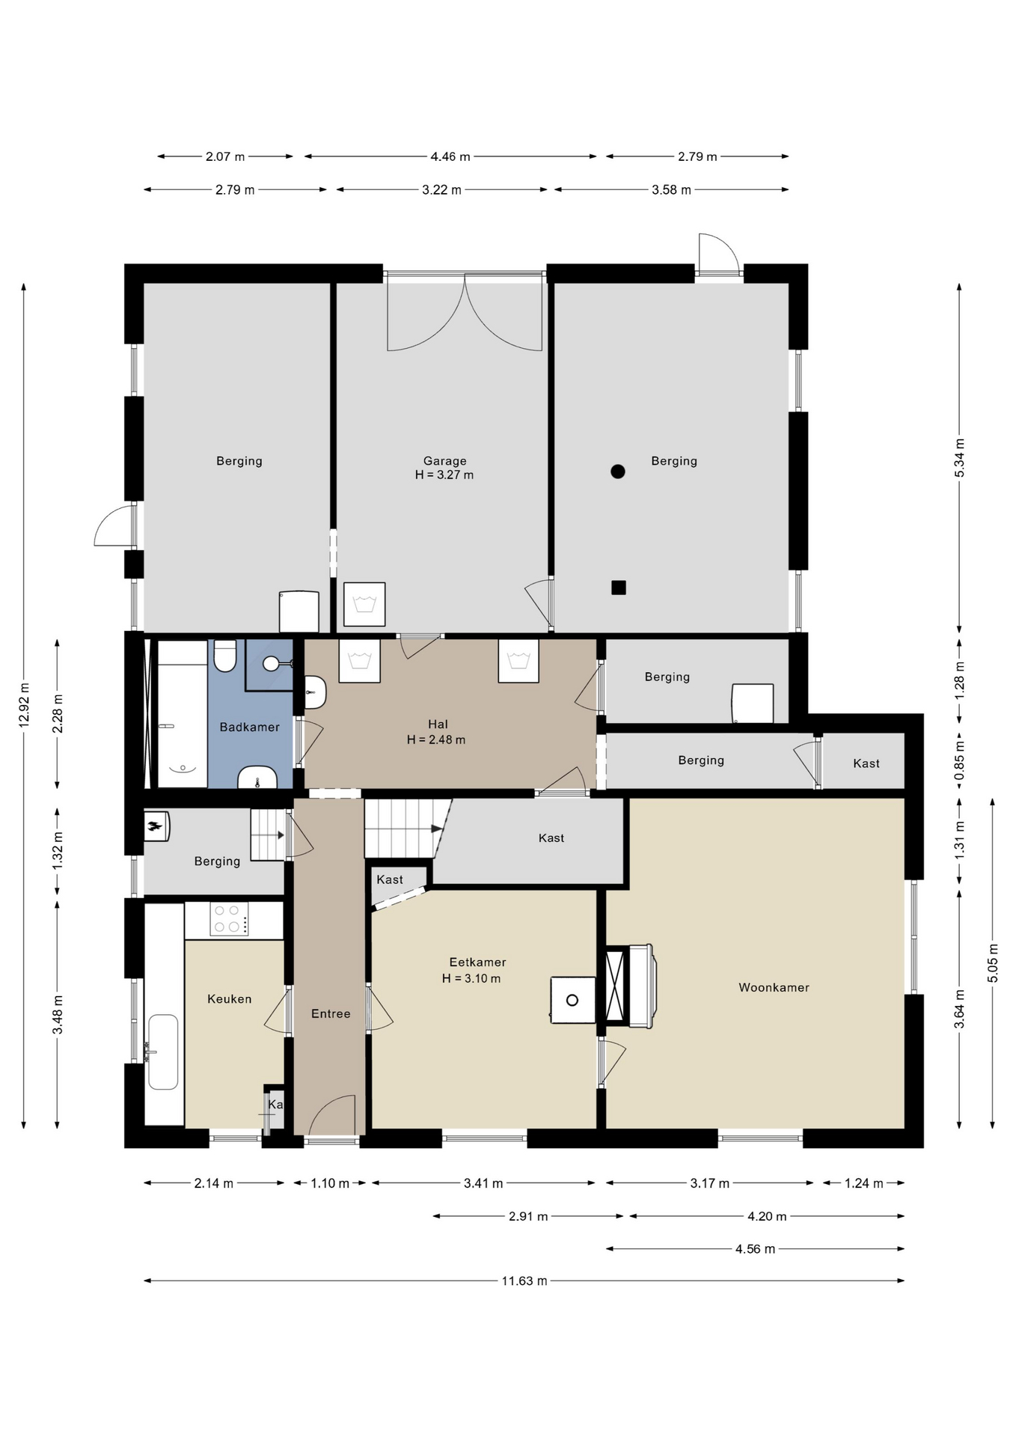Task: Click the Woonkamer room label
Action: pyautogui.click(x=774, y=987)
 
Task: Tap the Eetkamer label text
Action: pyautogui.click(x=477, y=962)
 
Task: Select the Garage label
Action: pyautogui.click(x=444, y=461)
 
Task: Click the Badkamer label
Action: pyautogui.click(x=249, y=727)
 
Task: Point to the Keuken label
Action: pyautogui.click(x=229, y=998)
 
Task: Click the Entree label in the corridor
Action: pyautogui.click(x=331, y=1013)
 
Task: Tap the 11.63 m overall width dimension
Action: pyautogui.click(x=524, y=1281)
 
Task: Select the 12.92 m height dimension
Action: pyautogui.click(x=24, y=704)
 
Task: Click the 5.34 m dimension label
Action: pyautogui.click(x=959, y=457)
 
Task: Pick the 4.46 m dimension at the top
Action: pyautogui.click(x=450, y=156)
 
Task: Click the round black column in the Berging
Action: pyautogui.click(x=617, y=472)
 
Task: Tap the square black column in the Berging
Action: pyautogui.click(x=618, y=588)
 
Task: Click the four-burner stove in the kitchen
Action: pyautogui.click(x=229, y=919)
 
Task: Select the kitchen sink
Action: pyautogui.click(x=163, y=1052)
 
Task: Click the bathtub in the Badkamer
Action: pyautogui.click(x=182, y=713)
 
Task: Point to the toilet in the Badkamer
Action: pyautogui.click(x=224, y=656)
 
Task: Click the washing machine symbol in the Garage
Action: pyautogui.click(x=364, y=604)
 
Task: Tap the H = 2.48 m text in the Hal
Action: pyautogui.click(x=436, y=739)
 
